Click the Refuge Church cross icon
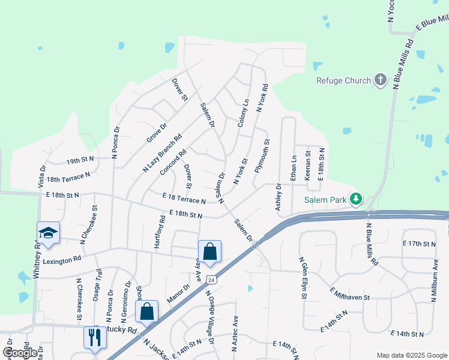tap(379, 80)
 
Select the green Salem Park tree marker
tap(356, 198)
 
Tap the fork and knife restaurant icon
tap(95, 337)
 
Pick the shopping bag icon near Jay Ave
tap(209, 251)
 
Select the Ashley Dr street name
tap(279, 197)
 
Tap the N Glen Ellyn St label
tap(304, 278)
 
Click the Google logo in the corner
tap(20, 353)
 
